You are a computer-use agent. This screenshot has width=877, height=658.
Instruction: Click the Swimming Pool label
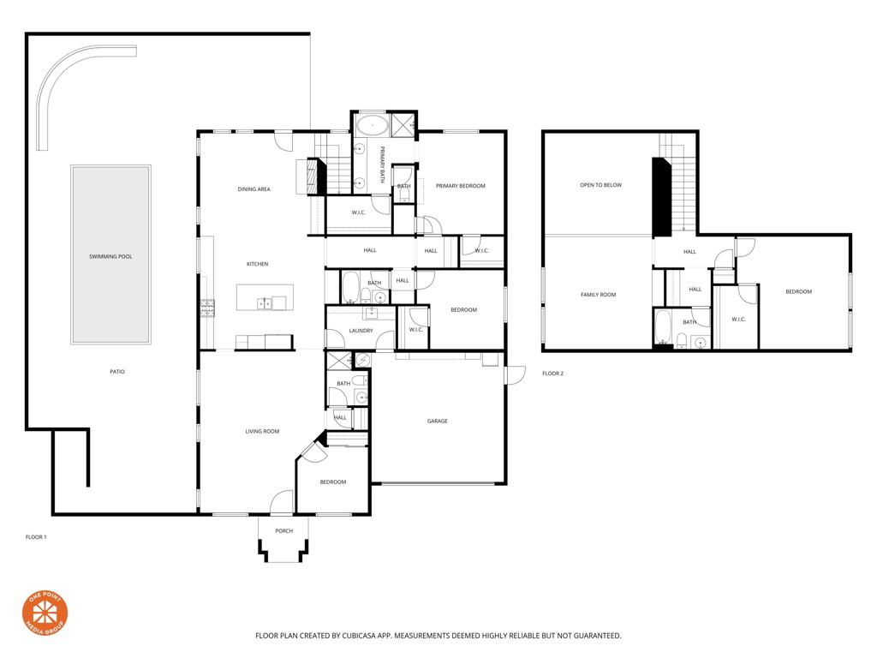[110, 256]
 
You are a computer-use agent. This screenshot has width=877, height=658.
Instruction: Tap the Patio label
[117, 371]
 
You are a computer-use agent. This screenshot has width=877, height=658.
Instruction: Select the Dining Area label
[254, 188]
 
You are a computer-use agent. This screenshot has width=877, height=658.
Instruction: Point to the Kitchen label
[258, 264]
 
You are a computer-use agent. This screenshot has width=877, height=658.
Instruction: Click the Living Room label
[262, 431]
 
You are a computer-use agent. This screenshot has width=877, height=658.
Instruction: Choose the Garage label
[438, 421]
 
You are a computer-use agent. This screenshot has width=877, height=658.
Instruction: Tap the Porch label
[283, 530]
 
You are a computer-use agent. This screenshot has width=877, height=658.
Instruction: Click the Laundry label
[361, 330]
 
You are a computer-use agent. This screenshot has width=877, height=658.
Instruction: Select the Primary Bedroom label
[460, 186]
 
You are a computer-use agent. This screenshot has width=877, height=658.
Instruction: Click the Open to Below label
[600, 185]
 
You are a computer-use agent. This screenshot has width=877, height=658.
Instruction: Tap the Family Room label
[598, 295]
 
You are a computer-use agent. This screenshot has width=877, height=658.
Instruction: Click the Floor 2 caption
[553, 374]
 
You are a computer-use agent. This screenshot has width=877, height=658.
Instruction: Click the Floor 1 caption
[36, 536]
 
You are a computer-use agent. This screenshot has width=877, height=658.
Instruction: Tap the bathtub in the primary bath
[371, 126]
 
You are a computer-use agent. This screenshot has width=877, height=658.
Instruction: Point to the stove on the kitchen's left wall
[206, 308]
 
